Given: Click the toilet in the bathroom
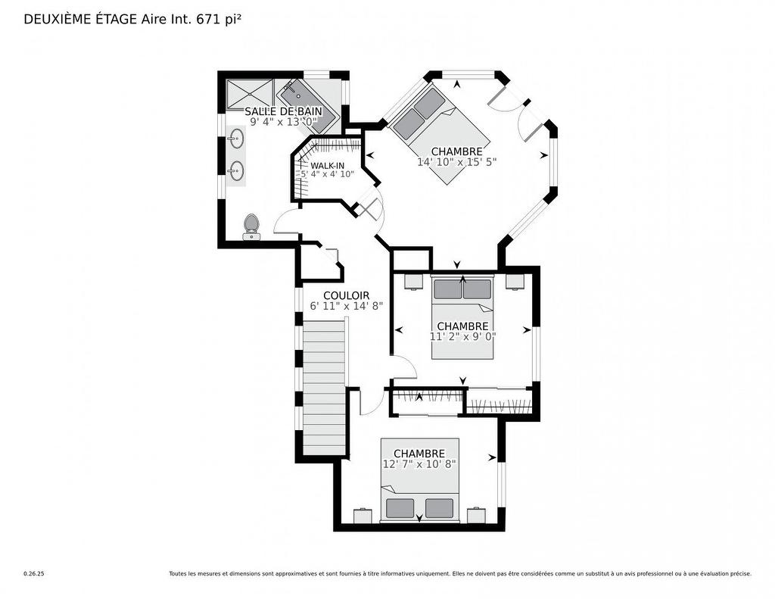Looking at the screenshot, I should coord(251,226).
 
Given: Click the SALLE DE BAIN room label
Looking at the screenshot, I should coord(283,111).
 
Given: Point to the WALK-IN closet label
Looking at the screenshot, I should coord(327,165).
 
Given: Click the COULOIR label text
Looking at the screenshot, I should coord(346,295).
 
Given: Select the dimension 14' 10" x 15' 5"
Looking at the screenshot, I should coord(456,162).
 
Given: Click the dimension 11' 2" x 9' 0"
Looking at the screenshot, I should coord(462,337).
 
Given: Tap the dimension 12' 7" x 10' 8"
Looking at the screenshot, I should coord(419,464).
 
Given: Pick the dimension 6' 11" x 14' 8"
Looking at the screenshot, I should coord(346,307).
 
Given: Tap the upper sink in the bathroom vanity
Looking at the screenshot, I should coord(237,140).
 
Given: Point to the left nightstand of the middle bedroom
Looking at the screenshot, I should coord(412,282).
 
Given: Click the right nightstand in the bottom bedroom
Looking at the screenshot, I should coord(476,515).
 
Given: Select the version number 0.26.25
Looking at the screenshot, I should coord(34,574).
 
